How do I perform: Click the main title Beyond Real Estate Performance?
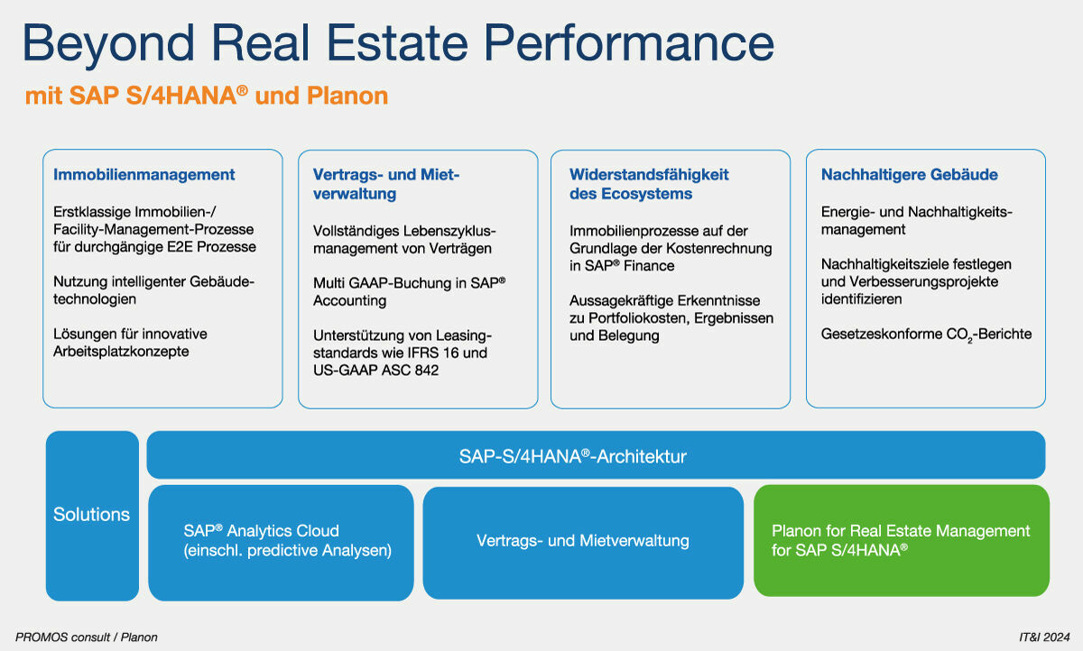click(x=398, y=42)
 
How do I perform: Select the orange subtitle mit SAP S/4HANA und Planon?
click(x=207, y=96)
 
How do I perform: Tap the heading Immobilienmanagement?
click(x=144, y=175)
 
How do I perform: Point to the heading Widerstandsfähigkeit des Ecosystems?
click(x=649, y=184)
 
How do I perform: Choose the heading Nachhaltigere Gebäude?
click(x=910, y=175)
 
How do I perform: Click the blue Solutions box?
click(x=92, y=515)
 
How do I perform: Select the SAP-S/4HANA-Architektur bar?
click(x=596, y=455)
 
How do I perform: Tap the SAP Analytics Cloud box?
click(x=281, y=541)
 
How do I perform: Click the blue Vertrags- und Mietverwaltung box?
click(x=583, y=541)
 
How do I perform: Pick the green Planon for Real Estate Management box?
click(x=901, y=541)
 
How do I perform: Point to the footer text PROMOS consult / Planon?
click(x=87, y=637)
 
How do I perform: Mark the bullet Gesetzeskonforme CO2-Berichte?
click(x=926, y=335)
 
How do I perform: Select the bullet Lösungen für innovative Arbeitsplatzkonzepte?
click(x=130, y=343)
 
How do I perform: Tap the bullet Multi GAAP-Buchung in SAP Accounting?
click(x=409, y=291)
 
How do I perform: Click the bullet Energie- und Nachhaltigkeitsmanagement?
click(x=917, y=221)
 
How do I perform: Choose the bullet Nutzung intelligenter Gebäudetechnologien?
click(x=153, y=290)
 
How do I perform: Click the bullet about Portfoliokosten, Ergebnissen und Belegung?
click(x=671, y=317)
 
